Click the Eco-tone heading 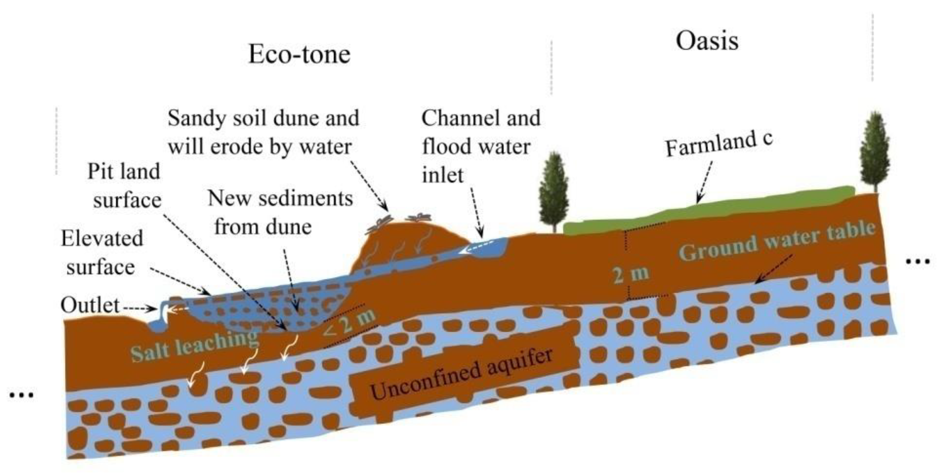click(299, 55)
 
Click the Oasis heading click(707, 41)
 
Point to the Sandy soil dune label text click(263, 132)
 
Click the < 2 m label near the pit click(350, 323)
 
